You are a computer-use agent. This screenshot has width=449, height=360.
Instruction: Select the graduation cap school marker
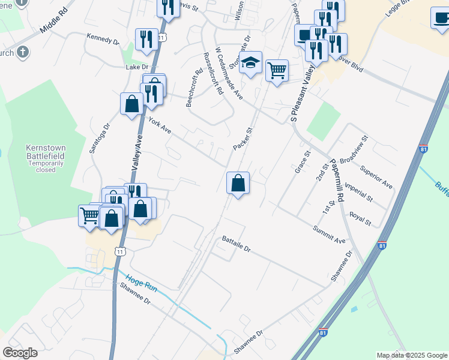(250, 62)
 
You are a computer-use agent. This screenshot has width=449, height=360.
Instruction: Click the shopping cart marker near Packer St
(277, 70)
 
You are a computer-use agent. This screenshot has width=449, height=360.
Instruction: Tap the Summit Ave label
(329, 235)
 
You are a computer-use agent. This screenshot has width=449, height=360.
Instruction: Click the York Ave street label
(160, 125)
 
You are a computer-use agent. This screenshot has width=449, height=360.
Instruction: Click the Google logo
(20, 352)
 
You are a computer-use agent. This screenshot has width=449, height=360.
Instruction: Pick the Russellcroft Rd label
(213, 74)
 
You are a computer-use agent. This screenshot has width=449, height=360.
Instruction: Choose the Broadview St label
(354, 154)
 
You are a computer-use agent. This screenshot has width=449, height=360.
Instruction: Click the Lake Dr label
(137, 67)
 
